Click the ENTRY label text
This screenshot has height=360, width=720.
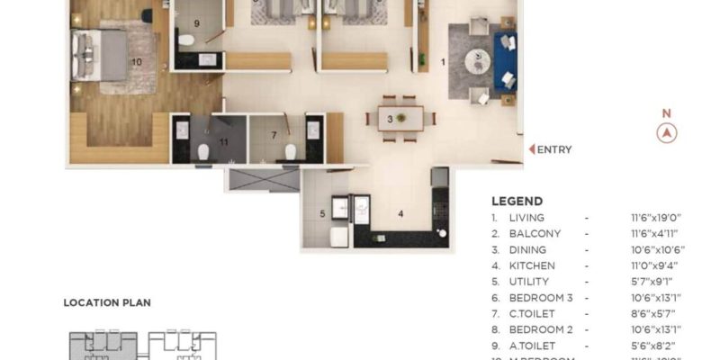pyautogui.click(x=554, y=150)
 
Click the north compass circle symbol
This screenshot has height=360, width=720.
pyautogui.click(x=667, y=133)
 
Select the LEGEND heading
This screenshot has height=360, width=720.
pyautogui.click(x=517, y=202)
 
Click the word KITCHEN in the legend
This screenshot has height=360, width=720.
pyautogui.click(x=532, y=265)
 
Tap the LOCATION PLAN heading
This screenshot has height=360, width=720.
pyautogui.click(x=107, y=303)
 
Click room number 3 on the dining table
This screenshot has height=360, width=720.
pyautogui.click(x=390, y=118)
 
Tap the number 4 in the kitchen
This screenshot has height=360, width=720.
pyautogui.click(x=400, y=213)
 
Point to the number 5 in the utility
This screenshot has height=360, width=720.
pyautogui.click(x=321, y=213)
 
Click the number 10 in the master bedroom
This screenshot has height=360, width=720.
pyautogui.click(x=137, y=62)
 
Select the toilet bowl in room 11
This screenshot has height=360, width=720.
pyautogui.click(x=204, y=150)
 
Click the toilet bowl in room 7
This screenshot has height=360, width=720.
pyautogui.click(x=291, y=150)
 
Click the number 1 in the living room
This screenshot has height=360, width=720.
pyautogui.click(x=443, y=62)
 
